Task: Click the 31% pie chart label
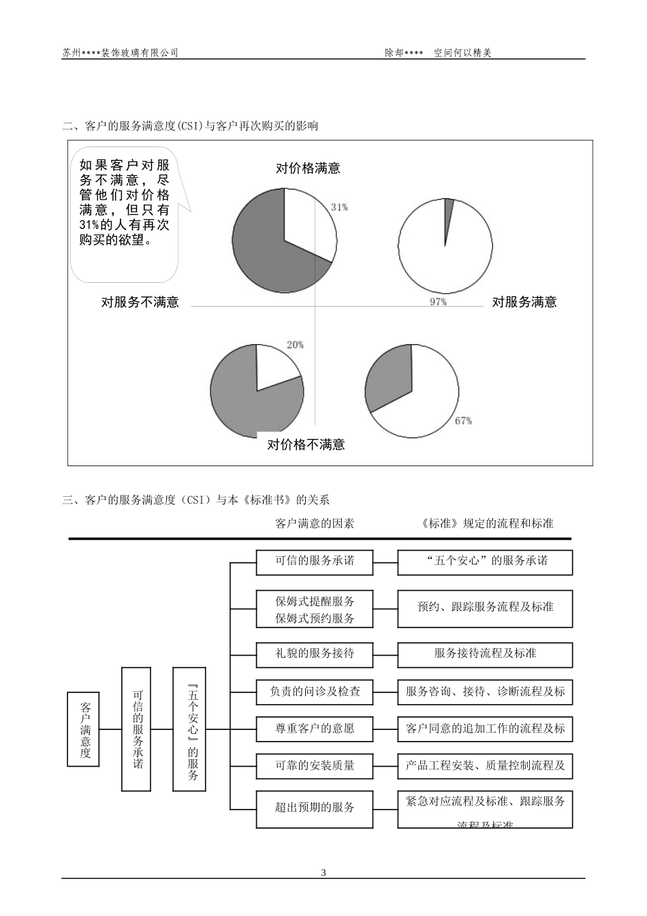[339, 207]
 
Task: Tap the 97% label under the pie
[438, 301]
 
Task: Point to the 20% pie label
[295, 345]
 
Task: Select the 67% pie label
[463, 421]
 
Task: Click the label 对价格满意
[308, 168]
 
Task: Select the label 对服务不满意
[140, 302]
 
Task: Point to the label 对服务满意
[524, 302]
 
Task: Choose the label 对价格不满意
[306, 445]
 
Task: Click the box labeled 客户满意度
[85, 729]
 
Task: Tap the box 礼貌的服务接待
[315, 653]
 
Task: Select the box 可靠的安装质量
[315, 765]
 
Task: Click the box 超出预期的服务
[315, 808]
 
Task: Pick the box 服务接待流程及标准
[485, 653]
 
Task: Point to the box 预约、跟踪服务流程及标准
[485, 607]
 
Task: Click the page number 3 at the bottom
[323, 873]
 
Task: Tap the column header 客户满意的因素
[315, 523]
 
